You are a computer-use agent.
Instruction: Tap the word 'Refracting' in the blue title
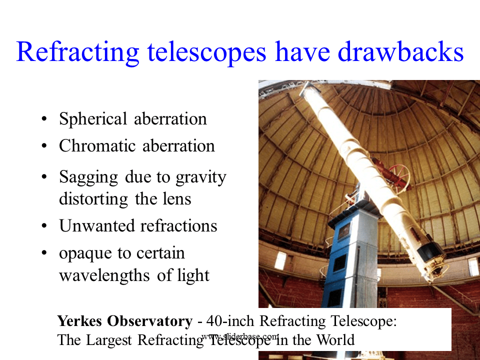click(75, 52)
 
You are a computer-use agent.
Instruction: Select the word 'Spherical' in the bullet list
click(93, 119)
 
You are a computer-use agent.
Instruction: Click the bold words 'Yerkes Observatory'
click(124, 321)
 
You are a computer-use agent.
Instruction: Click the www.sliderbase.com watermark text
click(240, 336)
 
